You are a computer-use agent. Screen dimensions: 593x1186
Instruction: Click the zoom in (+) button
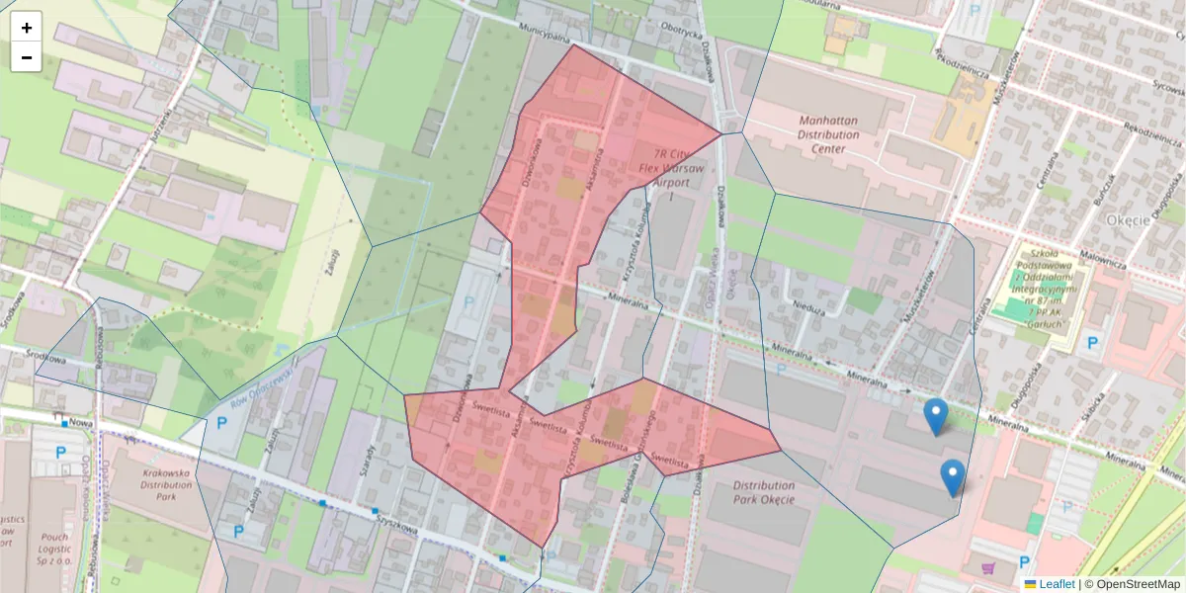(27, 28)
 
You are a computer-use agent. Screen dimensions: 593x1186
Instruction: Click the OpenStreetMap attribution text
(1132, 584)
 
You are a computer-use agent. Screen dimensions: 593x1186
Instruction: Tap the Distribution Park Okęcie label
(764, 492)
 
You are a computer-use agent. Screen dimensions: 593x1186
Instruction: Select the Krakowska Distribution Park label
(151, 478)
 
